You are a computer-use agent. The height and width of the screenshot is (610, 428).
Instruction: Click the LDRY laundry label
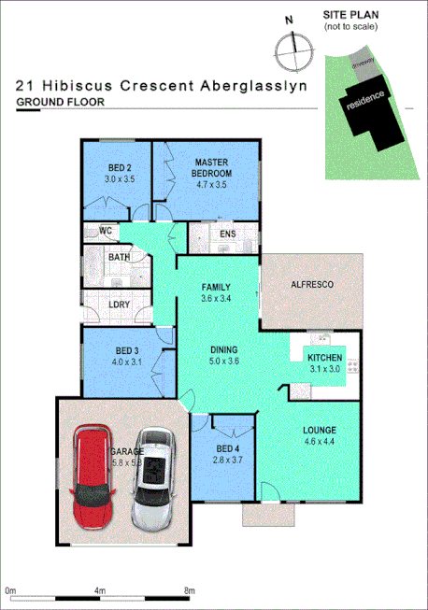click(x=119, y=305)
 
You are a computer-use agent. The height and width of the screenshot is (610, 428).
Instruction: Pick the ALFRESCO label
click(x=312, y=284)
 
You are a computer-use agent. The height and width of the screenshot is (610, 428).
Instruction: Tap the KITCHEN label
click(x=323, y=358)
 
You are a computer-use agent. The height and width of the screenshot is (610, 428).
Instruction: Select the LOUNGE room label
click(x=319, y=431)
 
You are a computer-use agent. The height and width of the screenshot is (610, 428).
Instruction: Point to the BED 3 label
click(x=124, y=349)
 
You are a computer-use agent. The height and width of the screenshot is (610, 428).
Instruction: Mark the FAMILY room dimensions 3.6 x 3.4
click(x=215, y=298)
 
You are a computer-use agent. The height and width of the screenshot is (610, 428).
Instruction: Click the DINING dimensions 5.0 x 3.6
click(x=224, y=362)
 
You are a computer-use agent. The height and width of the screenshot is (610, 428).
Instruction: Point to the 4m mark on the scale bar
click(x=99, y=591)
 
